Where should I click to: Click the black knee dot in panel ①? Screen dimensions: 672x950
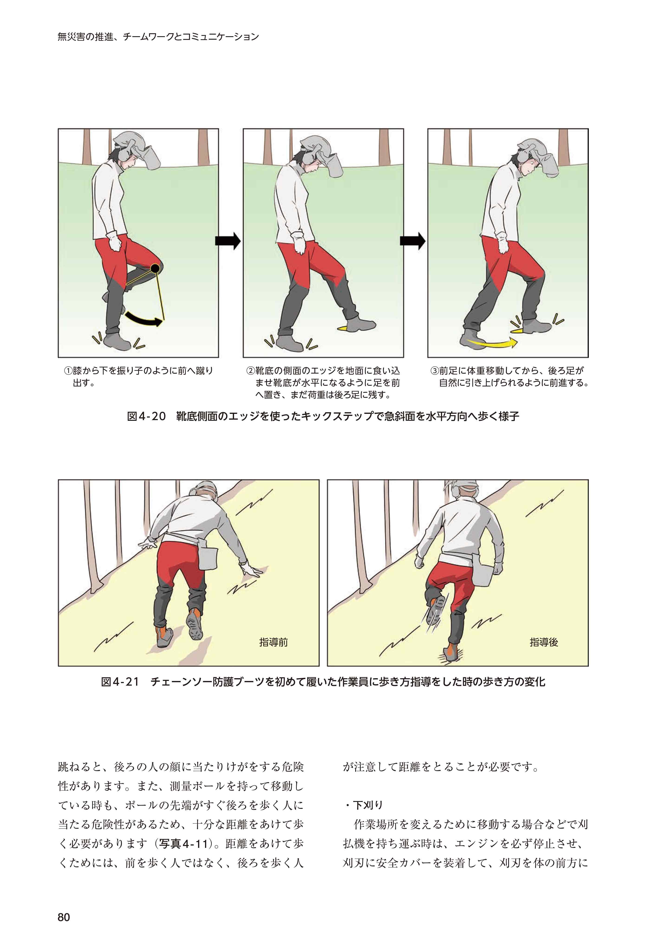click(x=155, y=269)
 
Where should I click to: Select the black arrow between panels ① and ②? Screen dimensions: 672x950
click(x=228, y=240)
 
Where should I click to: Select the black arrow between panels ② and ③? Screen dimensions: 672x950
click(x=412, y=240)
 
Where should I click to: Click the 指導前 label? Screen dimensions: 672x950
click(x=273, y=642)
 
